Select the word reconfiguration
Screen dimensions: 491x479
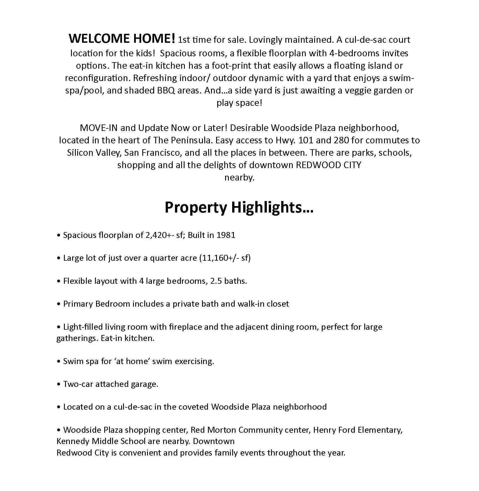click(x=97, y=78)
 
